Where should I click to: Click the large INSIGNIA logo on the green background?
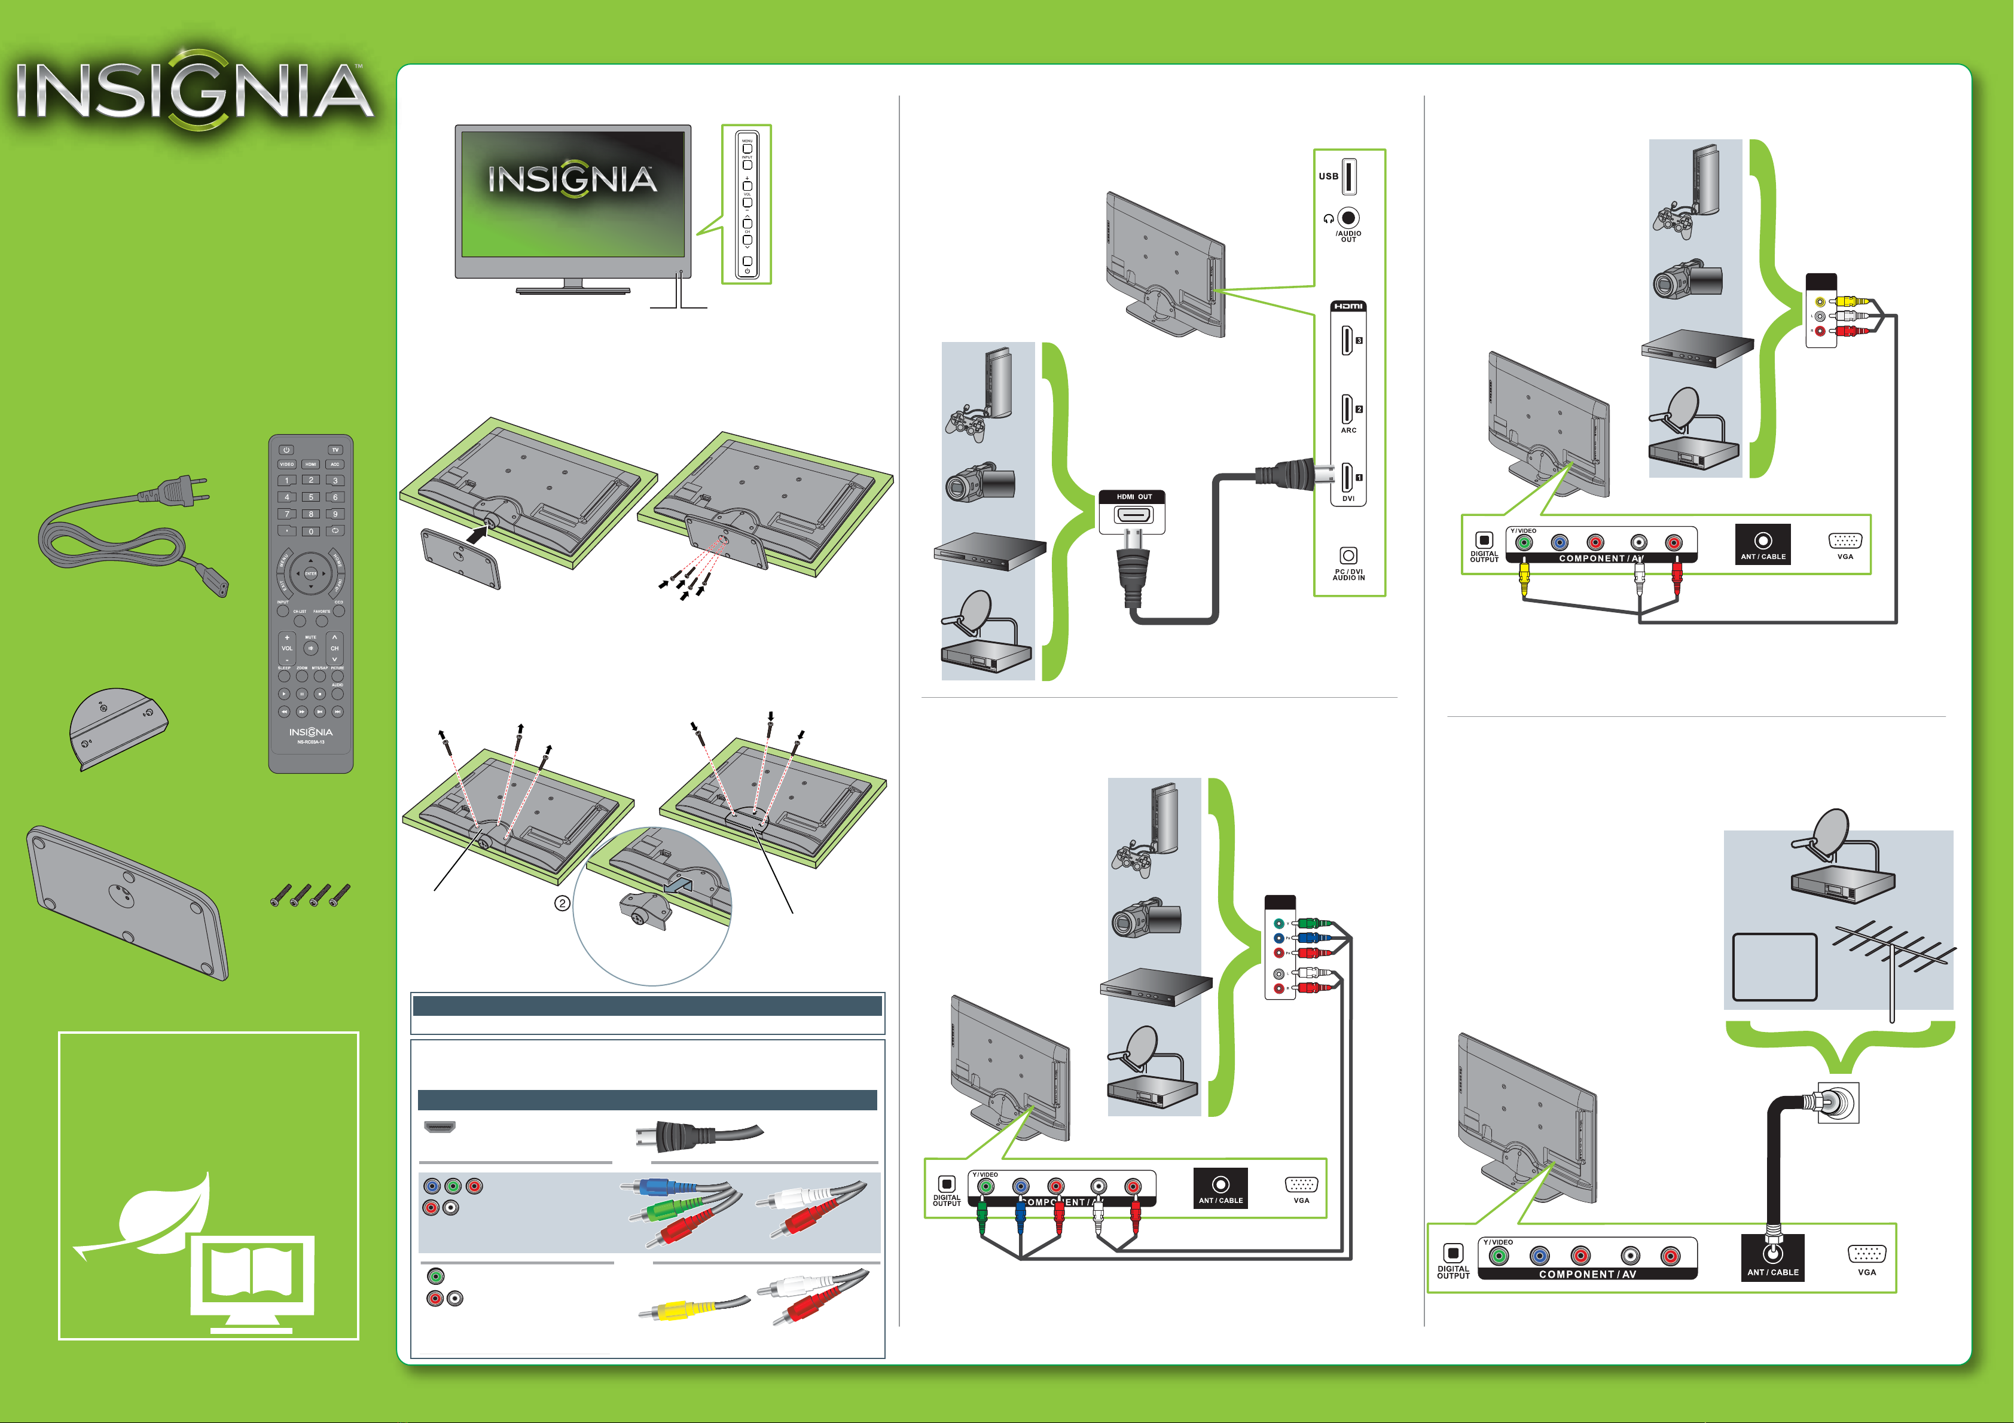coord(195,90)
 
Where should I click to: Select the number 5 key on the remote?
coord(310,497)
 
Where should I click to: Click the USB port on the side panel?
coord(1349,176)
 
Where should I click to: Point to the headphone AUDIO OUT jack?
coord(1349,218)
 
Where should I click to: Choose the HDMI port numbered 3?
coord(1347,340)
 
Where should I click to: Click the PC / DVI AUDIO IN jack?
coord(1348,555)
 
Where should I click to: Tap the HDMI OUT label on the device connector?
coord(1133,497)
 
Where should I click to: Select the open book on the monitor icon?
coord(252,1274)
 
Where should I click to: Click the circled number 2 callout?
coord(562,903)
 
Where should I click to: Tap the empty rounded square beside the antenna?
coord(1774,967)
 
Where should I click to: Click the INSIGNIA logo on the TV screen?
coord(572,180)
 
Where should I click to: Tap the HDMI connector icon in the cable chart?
coord(440,1126)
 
